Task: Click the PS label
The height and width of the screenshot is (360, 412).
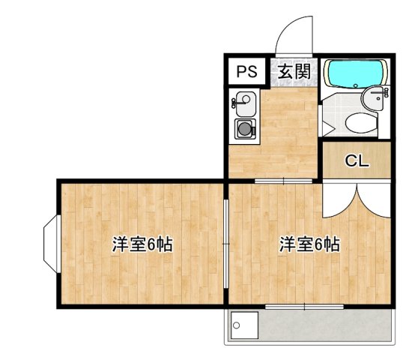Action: point(246,72)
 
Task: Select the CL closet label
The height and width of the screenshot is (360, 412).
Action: point(356,160)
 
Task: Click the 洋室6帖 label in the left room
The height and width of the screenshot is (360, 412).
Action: point(143,244)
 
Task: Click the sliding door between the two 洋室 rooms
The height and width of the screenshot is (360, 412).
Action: point(226,244)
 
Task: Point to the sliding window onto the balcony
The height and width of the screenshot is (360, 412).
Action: point(304,306)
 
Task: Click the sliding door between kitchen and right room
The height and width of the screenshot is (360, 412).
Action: point(283,181)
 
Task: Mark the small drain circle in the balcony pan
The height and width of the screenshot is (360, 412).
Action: point(237,325)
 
